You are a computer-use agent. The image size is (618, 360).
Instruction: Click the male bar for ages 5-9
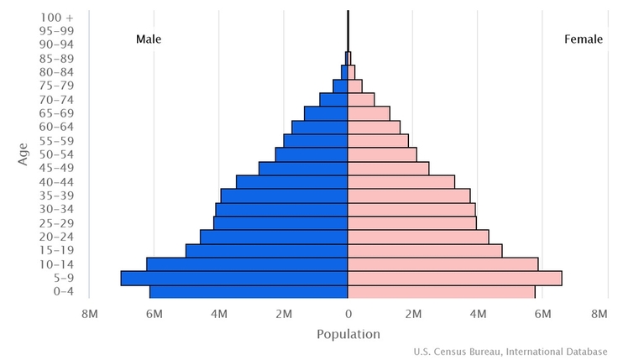tap(234, 278)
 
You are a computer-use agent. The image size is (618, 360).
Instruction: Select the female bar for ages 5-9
tap(454, 278)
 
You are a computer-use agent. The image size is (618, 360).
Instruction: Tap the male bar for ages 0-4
tap(249, 292)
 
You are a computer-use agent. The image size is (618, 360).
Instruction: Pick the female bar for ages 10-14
tap(443, 264)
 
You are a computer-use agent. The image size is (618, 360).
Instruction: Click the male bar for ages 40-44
tap(292, 182)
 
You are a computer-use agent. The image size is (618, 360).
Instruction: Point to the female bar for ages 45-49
tap(388, 169)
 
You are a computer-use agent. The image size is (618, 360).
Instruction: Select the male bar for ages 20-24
tap(274, 237)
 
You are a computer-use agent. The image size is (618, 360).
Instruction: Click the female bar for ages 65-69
tap(369, 113)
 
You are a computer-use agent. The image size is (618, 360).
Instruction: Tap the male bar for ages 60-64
tap(320, 127)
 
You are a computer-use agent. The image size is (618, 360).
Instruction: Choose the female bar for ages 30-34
tap(411, 210)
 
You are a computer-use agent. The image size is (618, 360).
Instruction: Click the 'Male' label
tap(149, 39)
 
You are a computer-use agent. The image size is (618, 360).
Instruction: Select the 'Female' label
tap(583, 39)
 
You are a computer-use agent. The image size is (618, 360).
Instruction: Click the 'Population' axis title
tap(348, 334)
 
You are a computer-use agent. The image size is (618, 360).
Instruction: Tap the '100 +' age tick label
tap(56, 17)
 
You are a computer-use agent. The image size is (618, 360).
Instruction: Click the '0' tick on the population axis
tap(348, 314)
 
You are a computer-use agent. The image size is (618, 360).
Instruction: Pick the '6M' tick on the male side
tap(154, 314)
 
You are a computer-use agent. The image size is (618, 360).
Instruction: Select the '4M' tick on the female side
tap(478, 314)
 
